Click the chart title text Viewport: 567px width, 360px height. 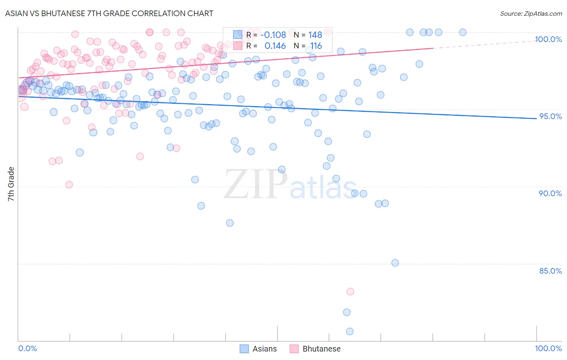pos(109,13)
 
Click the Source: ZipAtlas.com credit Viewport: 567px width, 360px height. pos(531,13)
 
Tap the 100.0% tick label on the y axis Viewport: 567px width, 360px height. pos(548,39)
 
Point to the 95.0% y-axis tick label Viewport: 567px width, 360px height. pos(550,116)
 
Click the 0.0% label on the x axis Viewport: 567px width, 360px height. pos(27,348)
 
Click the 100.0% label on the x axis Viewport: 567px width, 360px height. pos(548,348)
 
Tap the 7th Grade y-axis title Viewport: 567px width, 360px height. pos(11,184)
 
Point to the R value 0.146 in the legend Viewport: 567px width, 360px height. pos(275,46)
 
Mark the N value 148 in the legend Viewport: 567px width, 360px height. pos(315,35)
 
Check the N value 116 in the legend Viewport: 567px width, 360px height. pos(316,46)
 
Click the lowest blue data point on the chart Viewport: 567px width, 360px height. pos(350,331)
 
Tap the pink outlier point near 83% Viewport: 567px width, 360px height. pos(350,291)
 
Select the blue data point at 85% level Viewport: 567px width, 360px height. pos(395,263)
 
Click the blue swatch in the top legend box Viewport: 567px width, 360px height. pos(238,35)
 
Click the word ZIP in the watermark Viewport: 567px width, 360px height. pos(256,184)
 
